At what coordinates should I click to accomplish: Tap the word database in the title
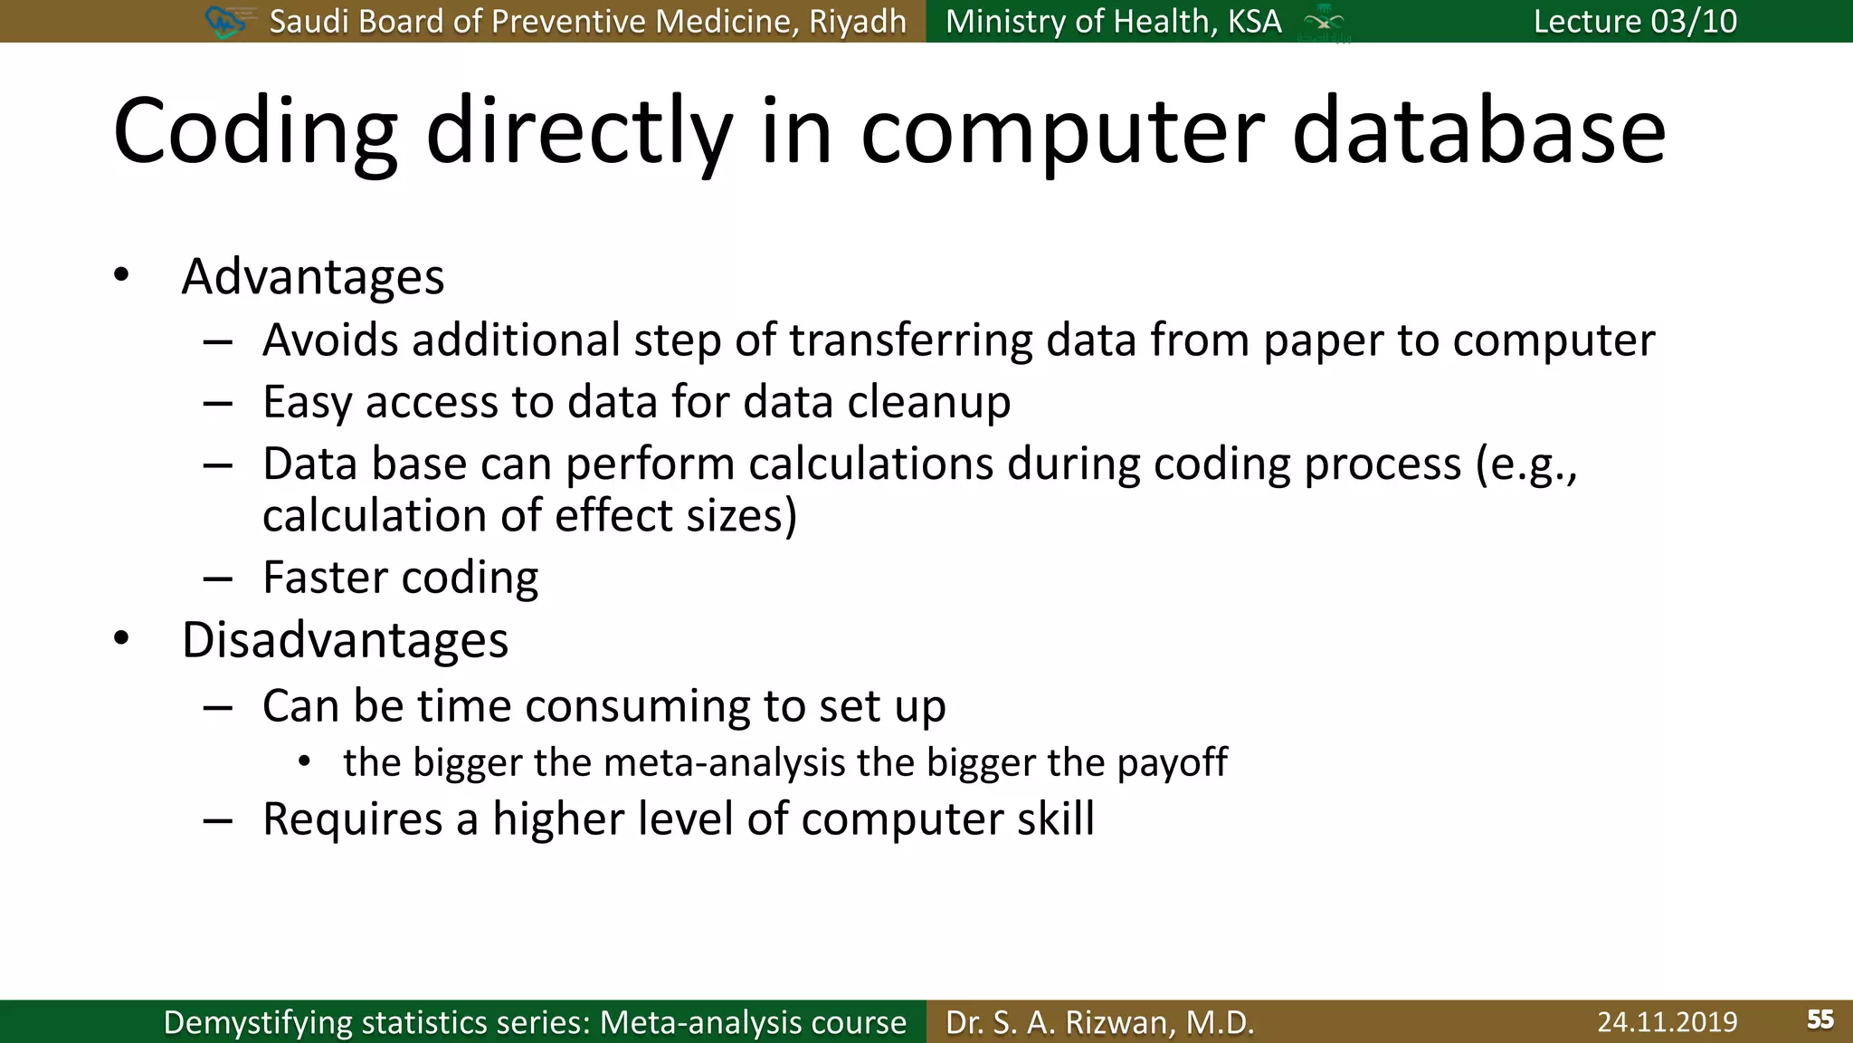(x=1478, y=133)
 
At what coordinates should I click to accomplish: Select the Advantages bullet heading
(x=313, y=276)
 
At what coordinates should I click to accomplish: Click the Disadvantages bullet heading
(x=345, y=640)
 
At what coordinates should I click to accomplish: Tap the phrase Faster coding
(x=400, y=578)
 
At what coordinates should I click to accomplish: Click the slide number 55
(x=1820, y=1020)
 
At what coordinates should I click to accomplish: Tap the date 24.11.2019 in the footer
(x=1667, y=1022)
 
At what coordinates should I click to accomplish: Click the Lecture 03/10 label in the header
(x=1635, y=21)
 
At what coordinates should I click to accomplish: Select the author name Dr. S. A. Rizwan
(x=1099, y=1022)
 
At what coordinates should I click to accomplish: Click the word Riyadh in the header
(x=857, y=21)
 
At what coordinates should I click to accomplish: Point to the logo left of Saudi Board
(x=226, y=21)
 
